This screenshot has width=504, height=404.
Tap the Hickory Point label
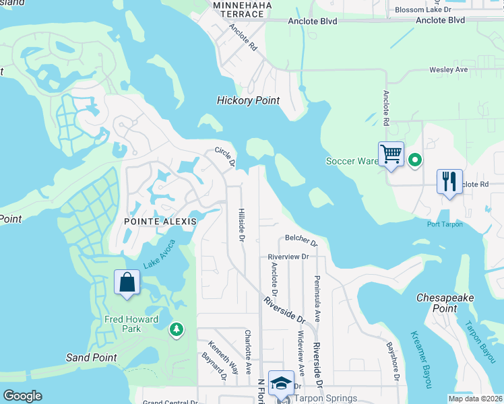[248, 100]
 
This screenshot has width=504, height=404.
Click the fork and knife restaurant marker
[449, 181]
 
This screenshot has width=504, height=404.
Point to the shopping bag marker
[127, 282]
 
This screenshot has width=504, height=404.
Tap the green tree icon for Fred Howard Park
[176, 329]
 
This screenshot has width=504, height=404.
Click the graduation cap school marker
[282, 384]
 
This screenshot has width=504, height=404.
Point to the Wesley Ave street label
[449, 70]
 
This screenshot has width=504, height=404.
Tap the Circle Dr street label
[225, 156]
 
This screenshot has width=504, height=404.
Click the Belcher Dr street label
[301, 238]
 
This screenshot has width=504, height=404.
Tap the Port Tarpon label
[445, 224]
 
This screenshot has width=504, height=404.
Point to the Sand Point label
[91, 358]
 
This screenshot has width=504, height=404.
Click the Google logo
[23, 396]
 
